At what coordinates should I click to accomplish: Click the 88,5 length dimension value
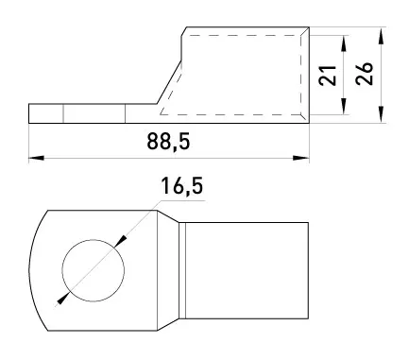click(168, 142)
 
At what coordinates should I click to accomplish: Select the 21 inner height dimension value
click(328, 76)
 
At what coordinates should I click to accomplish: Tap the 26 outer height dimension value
click(365, 74)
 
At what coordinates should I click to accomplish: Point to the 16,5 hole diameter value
click(182, 186)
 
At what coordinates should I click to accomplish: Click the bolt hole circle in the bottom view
click(94, 240)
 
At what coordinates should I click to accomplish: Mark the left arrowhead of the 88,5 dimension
click(36, 158)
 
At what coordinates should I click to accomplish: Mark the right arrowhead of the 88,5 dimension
click(301, 158)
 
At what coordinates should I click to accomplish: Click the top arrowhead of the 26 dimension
click(381, 35)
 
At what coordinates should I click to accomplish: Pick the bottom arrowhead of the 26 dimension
click(381, 114)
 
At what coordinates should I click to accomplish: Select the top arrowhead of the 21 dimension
click(344, 43)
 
